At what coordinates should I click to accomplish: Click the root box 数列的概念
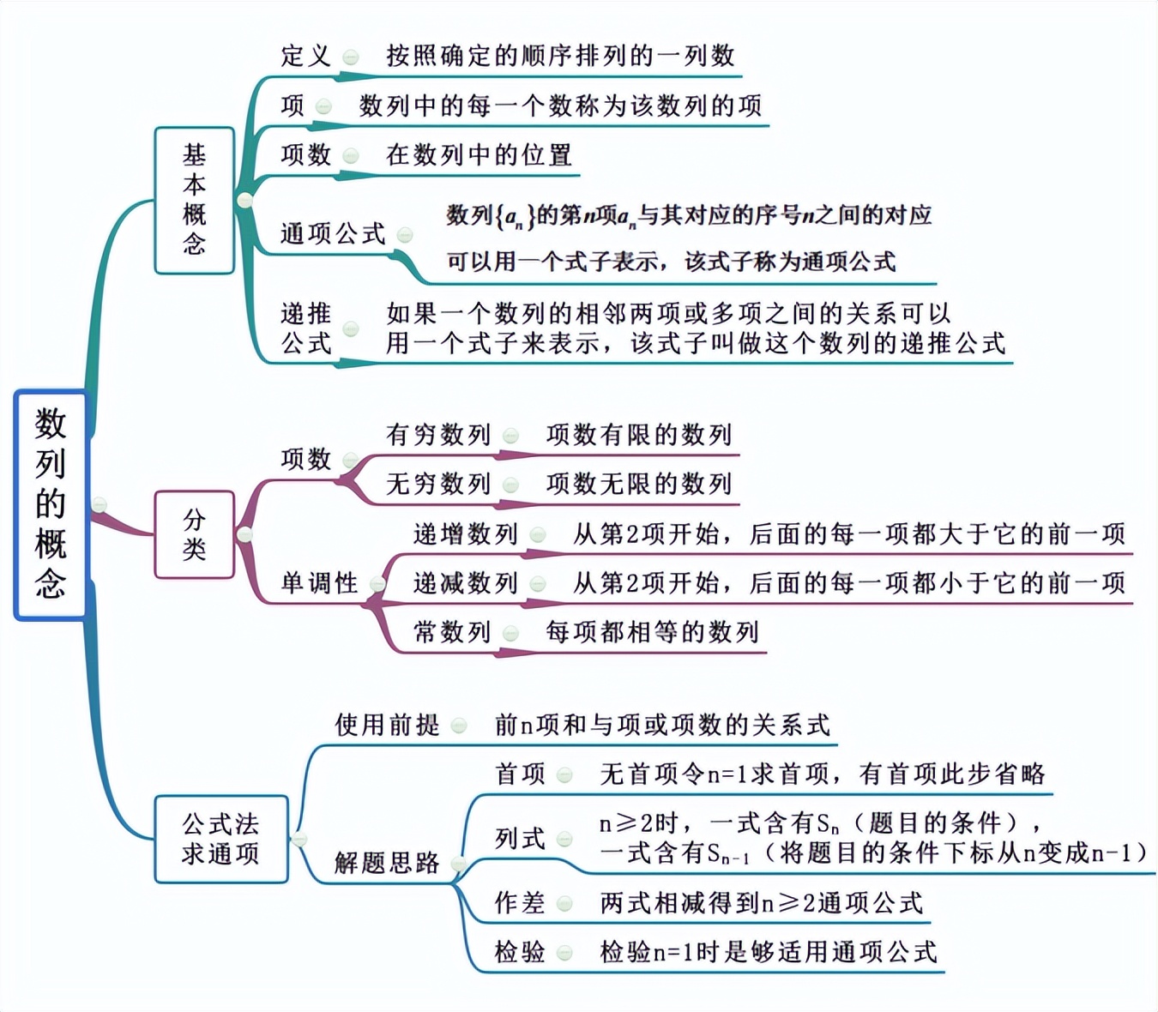(x=51, y=504)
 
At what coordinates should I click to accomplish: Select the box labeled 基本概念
(x=195, y=200)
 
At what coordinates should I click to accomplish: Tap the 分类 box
(x=195, y=534)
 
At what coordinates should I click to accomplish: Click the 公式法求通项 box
(x=220, y=839)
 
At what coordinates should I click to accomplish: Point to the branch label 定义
(x=305, y=57)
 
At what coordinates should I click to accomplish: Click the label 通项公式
(x=333, y=233)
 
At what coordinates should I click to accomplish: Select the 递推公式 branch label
(x=306, y=328)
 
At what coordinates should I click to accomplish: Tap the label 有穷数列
(x=438, y=435)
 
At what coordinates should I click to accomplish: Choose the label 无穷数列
(x=438, y=484)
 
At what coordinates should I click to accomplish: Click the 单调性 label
(x=319, y=583)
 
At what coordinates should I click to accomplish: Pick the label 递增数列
(x=466, y=534)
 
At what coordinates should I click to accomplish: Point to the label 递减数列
(x=466, y=583)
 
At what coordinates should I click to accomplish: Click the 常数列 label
(x=452, y=633)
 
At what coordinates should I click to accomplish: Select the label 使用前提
(x=387, y=726)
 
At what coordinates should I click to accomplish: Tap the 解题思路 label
(x=387, y=863)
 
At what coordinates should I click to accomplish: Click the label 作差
(x=520, y=902)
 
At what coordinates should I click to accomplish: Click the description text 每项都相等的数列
(x=652, y=633)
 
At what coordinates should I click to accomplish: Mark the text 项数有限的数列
(x=639, y=435)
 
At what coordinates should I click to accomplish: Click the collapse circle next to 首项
(x=564, y=775)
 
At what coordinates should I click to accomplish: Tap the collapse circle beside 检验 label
(x=564, y=952)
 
